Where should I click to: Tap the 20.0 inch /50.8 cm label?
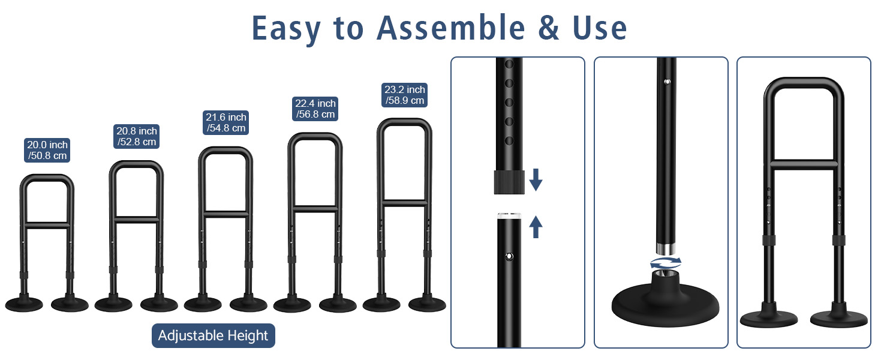point(47,151)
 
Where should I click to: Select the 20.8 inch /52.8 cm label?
point(137,137)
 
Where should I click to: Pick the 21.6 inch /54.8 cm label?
point(226,123)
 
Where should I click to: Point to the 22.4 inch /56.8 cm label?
point(315,109)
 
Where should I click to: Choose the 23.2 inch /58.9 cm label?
point(405,95)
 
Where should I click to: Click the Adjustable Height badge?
point(213,335)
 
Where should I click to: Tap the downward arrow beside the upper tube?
point(536,180)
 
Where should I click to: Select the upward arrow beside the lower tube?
point(536,227)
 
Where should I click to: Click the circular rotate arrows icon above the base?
point(666,263)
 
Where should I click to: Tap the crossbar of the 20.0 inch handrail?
point(47,224)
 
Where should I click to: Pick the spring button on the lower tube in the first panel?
point(509,256)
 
